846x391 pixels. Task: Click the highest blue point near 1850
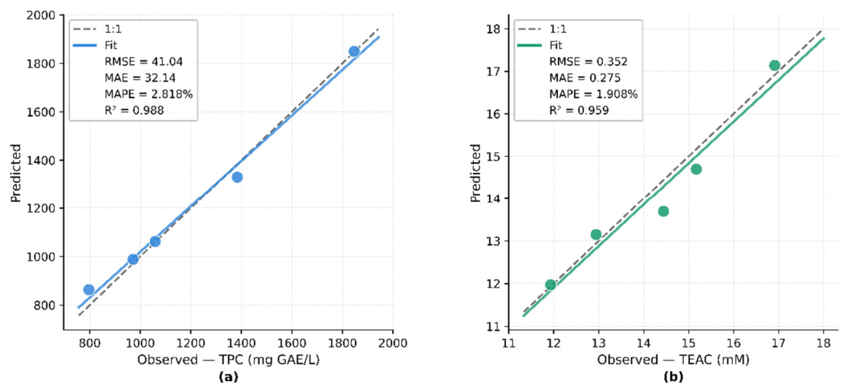354,51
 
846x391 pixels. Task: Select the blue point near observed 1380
237,178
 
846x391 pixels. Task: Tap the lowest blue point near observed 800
89,289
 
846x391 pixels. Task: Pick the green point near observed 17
774,65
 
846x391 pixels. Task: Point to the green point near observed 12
550,285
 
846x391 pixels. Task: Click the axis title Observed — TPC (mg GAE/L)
229,360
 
